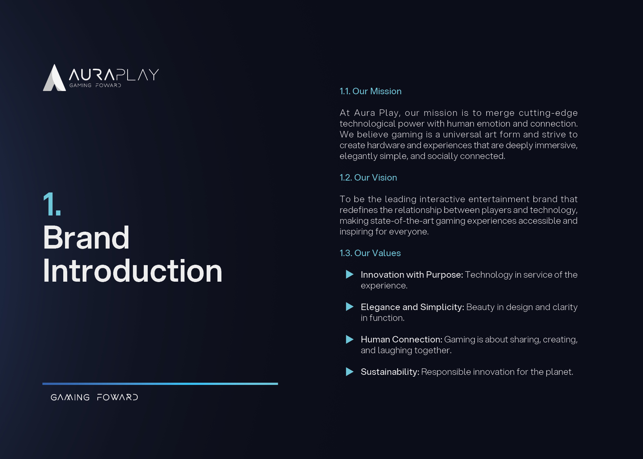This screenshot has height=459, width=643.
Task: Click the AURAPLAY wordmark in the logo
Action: (114, 74)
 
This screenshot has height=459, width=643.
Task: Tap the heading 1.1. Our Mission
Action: (371, 91)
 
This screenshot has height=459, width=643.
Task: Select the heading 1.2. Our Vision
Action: (368, 178)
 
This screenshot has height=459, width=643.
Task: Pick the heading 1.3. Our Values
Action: (370, 253)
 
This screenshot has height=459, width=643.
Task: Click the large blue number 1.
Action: (52, 204)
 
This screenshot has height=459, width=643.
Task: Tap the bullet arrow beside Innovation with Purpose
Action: (350, 274)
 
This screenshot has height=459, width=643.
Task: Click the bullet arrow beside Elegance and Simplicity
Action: (350, 307)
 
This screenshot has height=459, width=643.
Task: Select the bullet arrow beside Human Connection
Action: (350, 339)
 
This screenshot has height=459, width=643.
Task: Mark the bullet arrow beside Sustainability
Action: (350, 372)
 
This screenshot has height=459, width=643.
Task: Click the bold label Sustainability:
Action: (390, 372)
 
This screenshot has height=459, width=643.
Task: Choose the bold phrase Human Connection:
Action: (401, 340)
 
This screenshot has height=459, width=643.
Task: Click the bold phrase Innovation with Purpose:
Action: (412, 275)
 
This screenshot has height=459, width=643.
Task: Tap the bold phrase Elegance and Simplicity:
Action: (413, 307)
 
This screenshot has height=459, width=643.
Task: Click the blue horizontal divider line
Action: (160, 384)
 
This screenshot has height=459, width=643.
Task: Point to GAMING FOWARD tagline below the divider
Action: (95, 397)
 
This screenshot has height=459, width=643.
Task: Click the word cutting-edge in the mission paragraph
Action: (548, 113)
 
